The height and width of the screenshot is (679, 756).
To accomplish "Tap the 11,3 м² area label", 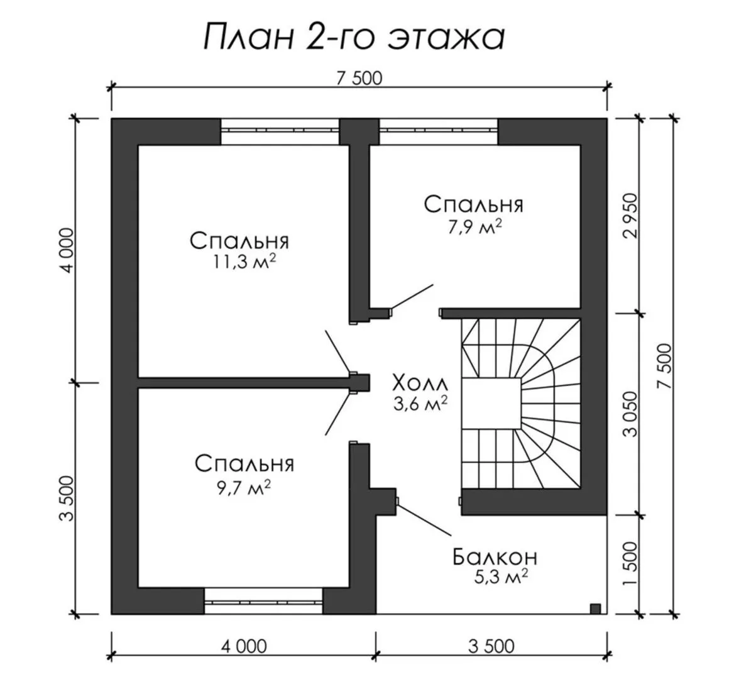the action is coord(244,262).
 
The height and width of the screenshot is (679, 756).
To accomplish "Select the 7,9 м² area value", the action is coord(474,227).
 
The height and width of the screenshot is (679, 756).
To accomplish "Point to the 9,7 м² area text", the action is coord(244,487).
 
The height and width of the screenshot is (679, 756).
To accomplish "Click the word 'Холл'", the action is coord(420,384).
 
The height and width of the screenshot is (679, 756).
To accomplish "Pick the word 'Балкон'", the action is coord(495,557).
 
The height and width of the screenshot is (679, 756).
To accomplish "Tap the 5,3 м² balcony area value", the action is coord(501,577).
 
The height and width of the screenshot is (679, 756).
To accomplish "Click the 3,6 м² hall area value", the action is coord(420,404).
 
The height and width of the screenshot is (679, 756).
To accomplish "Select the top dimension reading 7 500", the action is coord(359,79).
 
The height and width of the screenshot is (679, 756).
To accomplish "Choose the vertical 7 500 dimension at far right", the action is coord(665,366).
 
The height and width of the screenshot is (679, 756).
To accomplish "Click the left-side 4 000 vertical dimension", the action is coord(68,250).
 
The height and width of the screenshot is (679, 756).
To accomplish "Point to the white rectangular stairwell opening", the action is coord(491,403).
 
